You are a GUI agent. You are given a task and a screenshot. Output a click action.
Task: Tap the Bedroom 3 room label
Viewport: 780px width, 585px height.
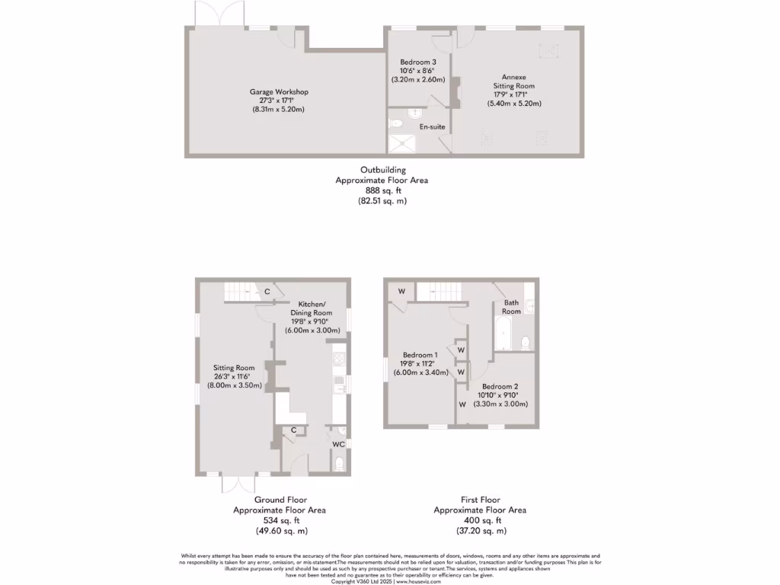pyautogui.click(x=418, y=62)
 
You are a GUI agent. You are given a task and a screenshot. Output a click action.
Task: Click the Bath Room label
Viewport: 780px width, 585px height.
pyautogui.click(x=511, y=307)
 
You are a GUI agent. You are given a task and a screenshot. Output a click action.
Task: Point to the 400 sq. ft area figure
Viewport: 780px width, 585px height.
pyautogui.click(x=480, y=520)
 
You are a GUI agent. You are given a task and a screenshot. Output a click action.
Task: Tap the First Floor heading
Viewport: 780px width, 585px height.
pyautogui.click(x=480, y=499)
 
